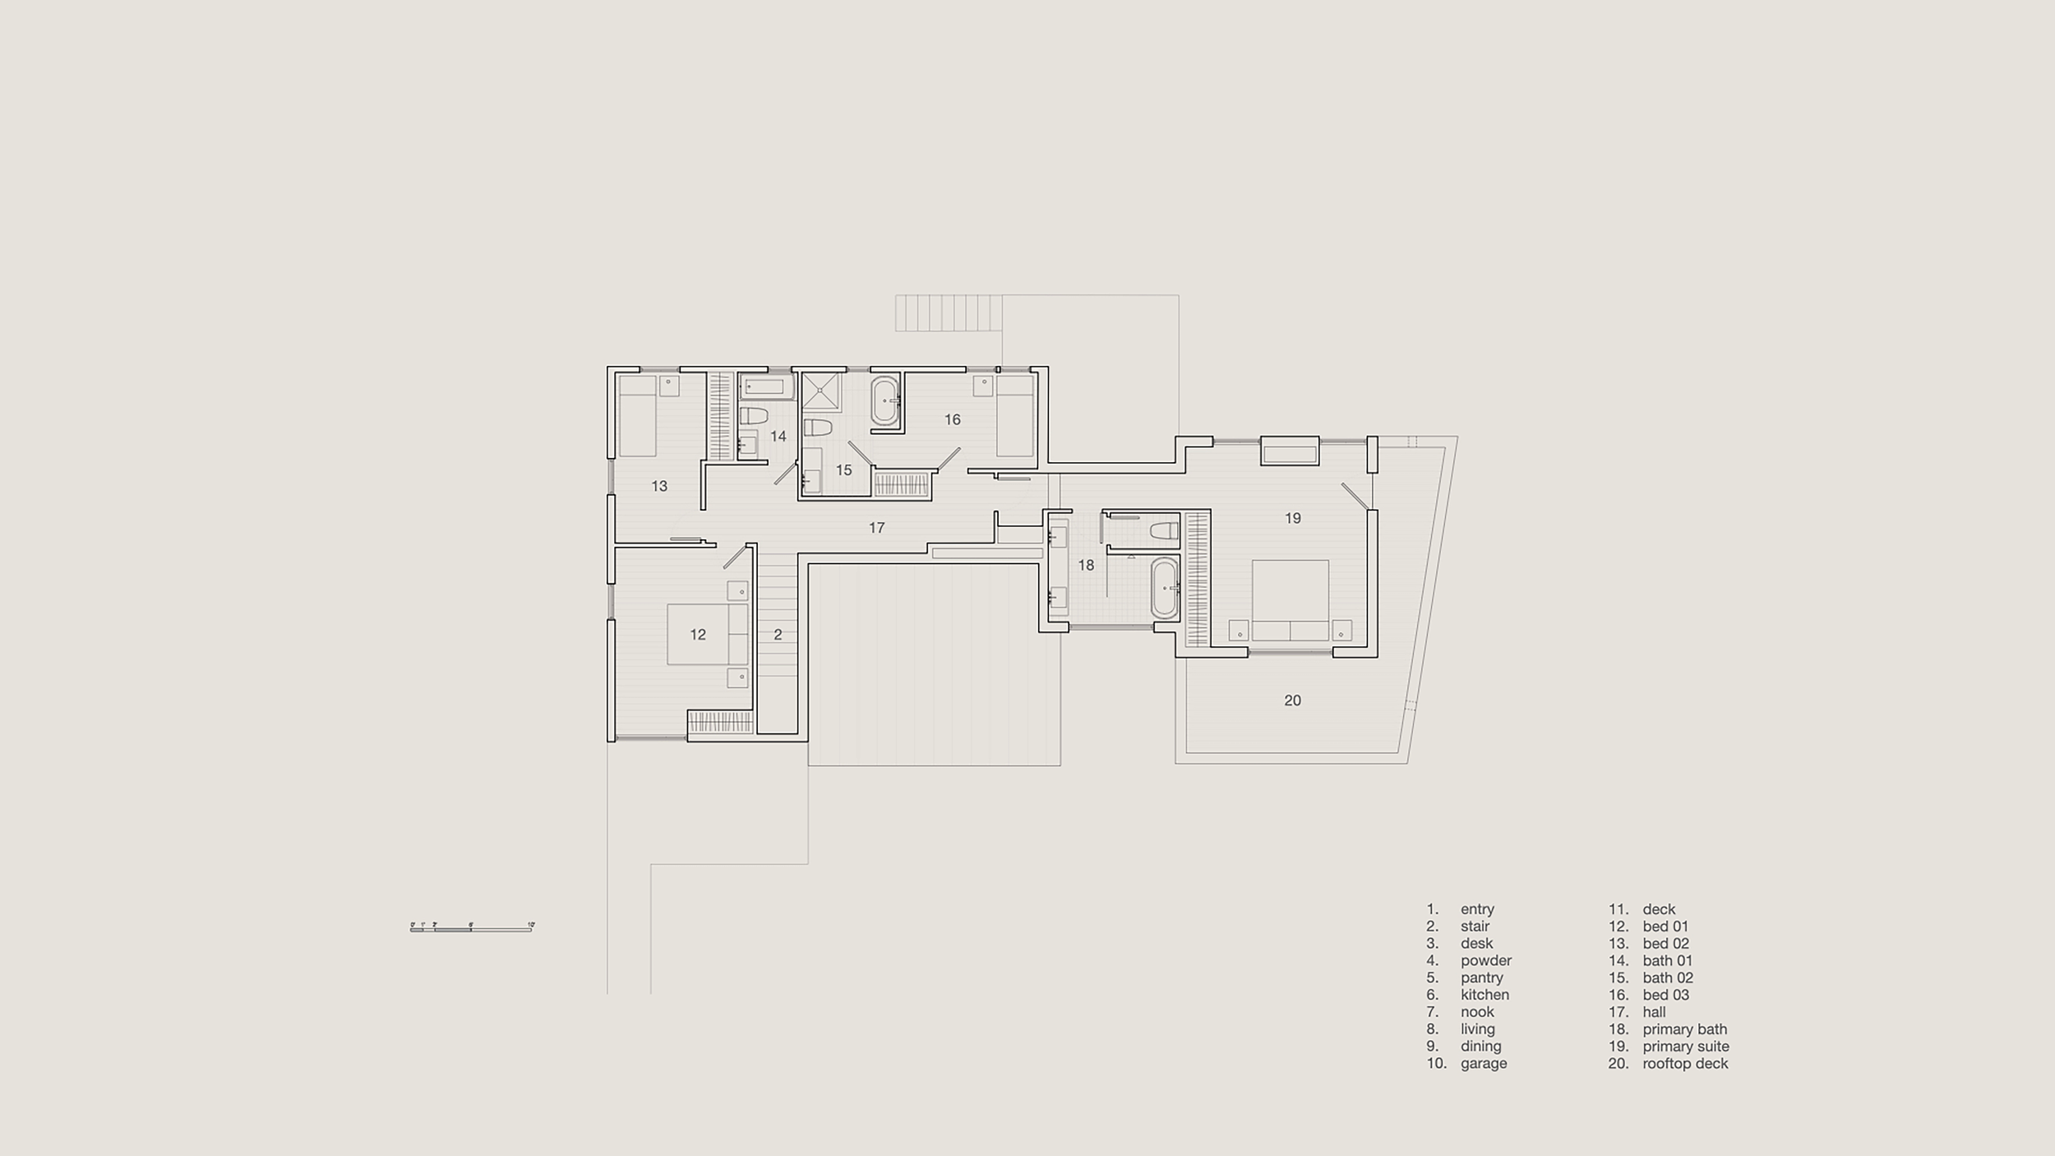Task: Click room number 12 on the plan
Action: [x=698, y=635]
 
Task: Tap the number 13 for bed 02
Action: [x=659, y=486]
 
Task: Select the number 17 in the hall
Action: [x=876, y=528]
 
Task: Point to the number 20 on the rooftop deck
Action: [x=1292, y=701]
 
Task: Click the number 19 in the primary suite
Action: [x=1292, y=518]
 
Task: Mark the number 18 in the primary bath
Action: [x=1086, y=566]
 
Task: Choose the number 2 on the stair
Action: [x=778, y=635]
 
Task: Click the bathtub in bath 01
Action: [x=765, y=386]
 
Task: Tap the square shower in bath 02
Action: [x=821, y=391]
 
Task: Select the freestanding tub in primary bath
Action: [x=1164, y=588]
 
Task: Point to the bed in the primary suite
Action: [x=1290, y=600]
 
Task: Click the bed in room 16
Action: [x=1014, y=417]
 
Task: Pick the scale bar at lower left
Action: [x=472, y=928]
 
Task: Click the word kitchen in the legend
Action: [x=1485, y=995]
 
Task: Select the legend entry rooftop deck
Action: [x=1685, y=1064]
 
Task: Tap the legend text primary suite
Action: [x=1685, y=1047]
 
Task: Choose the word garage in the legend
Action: [x=1484, y=1064]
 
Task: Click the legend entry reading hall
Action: [x=1654, y=1012]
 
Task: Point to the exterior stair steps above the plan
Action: [x=949, y=313]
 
